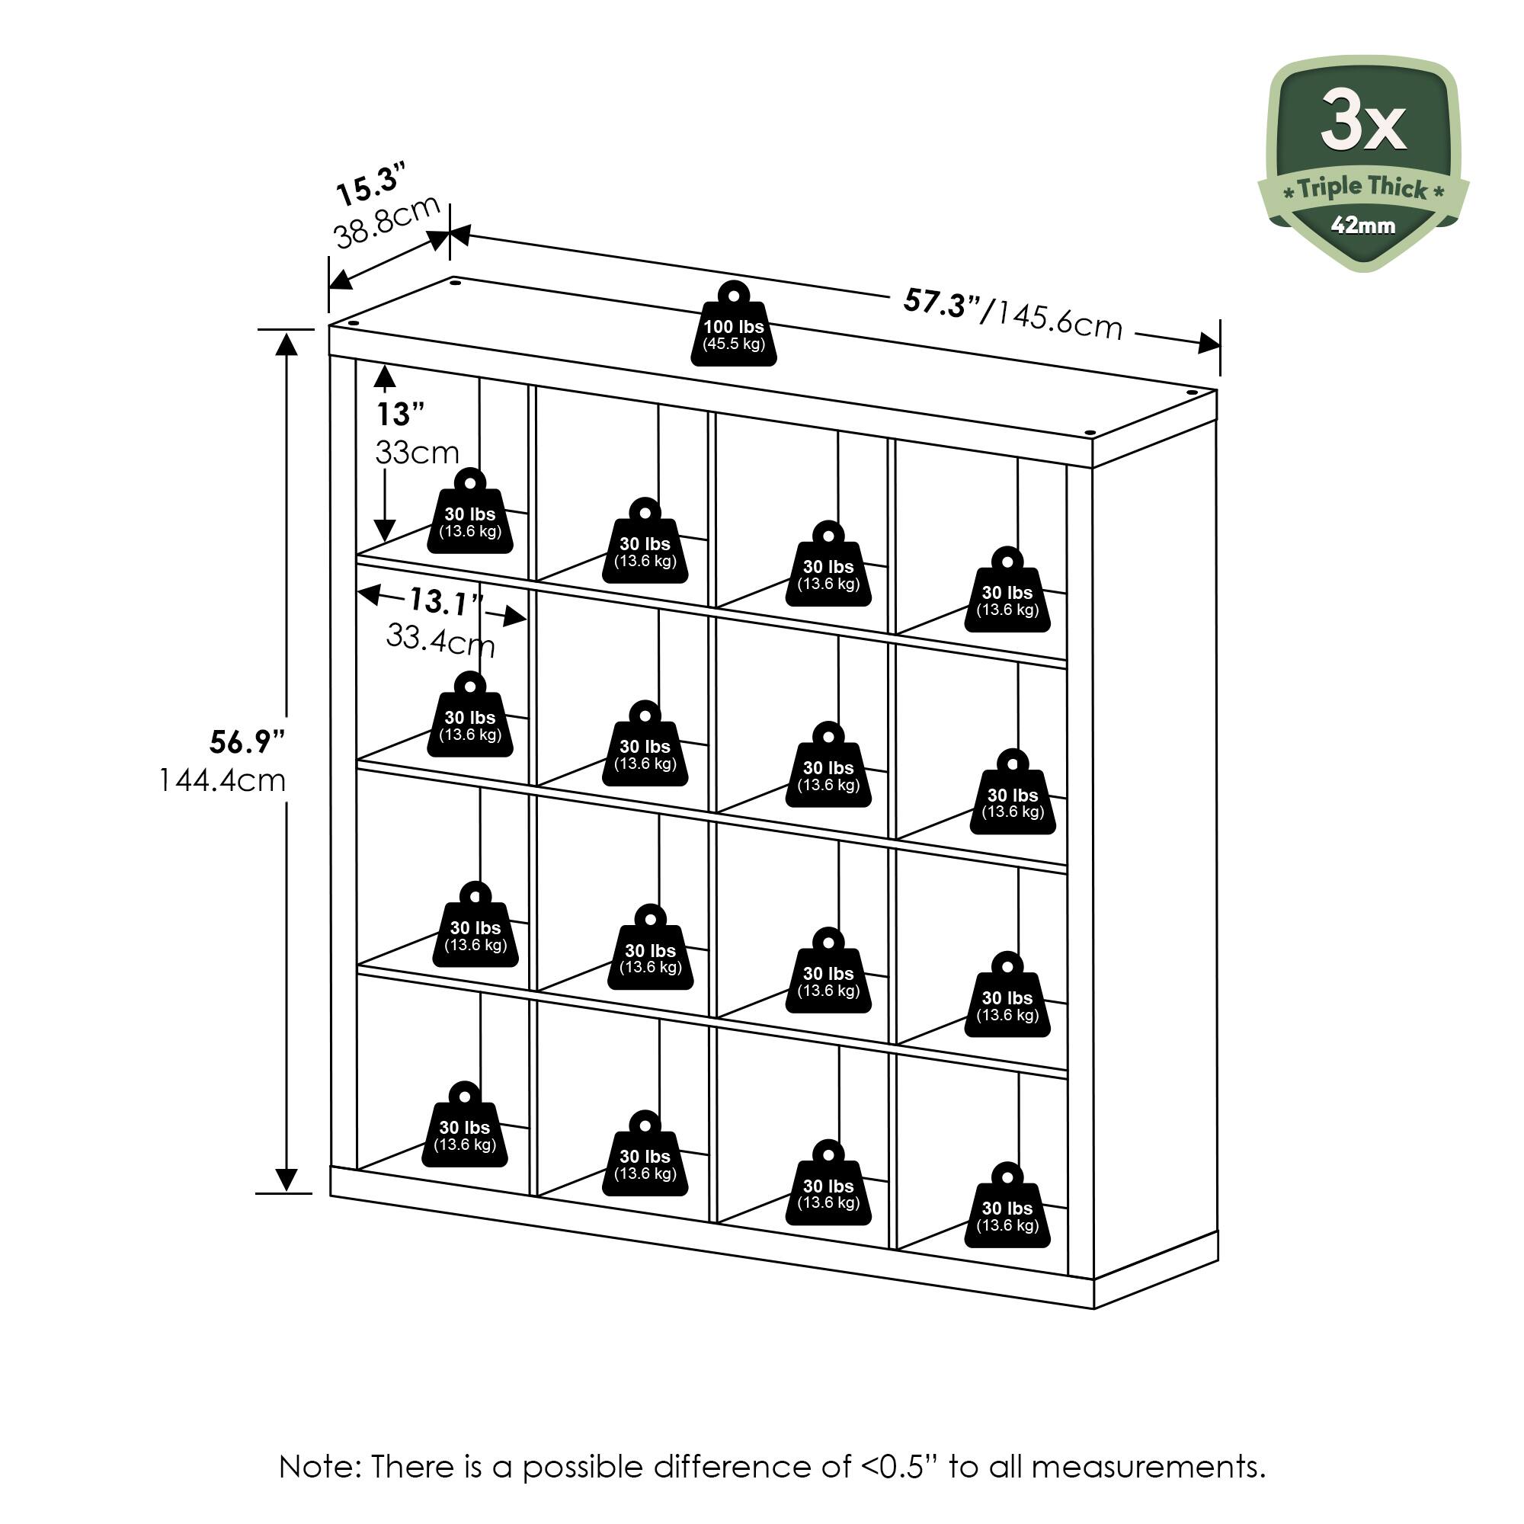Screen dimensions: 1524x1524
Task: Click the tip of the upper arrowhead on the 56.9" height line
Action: click(x=287, y=331)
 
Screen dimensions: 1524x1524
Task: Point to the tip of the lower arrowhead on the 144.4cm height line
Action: click(x=287, y=1192)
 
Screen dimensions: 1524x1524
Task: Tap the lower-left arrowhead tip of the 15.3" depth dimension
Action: click(x=329, y=289)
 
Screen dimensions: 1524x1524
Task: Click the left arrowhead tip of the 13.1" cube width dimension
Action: click(x=358, y=593)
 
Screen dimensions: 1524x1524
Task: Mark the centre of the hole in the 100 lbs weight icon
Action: click(x=734, y=296)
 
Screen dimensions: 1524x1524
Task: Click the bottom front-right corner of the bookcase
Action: click(x=1094, y=1309)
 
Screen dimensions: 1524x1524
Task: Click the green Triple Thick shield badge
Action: click(x=1362, y=164)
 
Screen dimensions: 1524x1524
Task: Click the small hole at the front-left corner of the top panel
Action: click(x=353, y=322)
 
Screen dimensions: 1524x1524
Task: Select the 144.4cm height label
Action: click(x=223, y=781)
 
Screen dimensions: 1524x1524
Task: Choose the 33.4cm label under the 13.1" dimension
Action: click(x=440, y=640)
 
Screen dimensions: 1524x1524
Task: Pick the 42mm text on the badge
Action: click(x=1363, y=226)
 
